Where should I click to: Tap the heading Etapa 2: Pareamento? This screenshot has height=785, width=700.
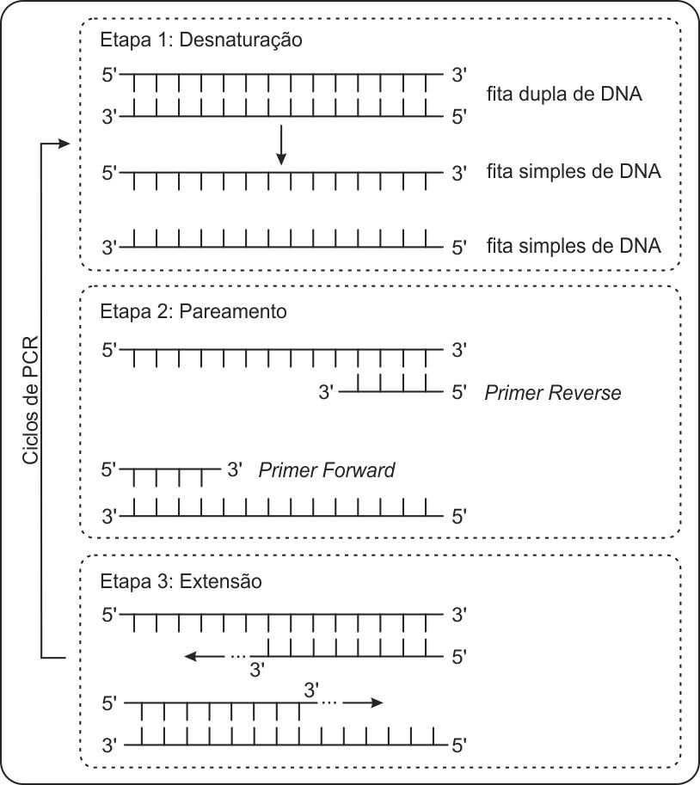coord(193,311)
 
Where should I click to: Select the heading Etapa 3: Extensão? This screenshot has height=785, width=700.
coord(181,581)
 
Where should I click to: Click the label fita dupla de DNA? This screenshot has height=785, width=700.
coord(564,94)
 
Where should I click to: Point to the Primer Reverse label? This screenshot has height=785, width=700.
coord(552,394)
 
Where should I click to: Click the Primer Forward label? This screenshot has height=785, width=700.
coord(327,470)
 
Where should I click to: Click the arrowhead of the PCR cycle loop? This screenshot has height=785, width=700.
coord(62,144)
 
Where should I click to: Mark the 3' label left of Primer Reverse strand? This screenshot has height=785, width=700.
coord(326,394)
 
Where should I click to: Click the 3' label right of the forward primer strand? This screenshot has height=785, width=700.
coord(236,470)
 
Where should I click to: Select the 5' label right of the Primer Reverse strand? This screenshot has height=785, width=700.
coord(458,394)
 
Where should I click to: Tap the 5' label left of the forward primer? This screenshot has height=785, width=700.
coord(109,470)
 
